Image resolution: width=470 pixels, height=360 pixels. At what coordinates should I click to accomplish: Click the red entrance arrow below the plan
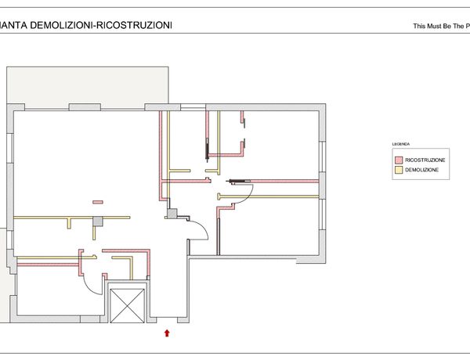coord(167,333)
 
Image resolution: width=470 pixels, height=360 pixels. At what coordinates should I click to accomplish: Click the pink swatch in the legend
coord(397,160)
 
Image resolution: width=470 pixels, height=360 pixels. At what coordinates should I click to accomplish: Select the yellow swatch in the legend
coord(397,170)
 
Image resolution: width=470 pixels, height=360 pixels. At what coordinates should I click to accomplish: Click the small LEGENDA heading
coord(401,145)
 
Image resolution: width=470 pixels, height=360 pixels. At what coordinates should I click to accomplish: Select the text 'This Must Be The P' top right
coord(440,27)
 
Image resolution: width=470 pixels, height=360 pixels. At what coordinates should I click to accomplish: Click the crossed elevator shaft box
coord(128,304)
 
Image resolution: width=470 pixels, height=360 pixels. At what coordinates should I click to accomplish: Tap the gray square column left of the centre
coord(98,221)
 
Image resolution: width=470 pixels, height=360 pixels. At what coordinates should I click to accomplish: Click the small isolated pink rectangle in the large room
coord(98,202)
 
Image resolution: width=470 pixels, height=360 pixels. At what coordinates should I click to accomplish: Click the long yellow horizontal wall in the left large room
coord(70,217)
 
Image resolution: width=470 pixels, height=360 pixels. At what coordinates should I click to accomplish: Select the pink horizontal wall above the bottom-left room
coord(47,265)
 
